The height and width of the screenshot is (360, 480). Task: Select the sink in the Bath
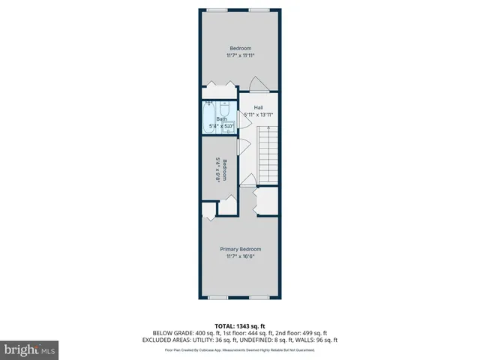tap(229, 127)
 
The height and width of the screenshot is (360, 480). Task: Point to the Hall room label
tap(258, 107)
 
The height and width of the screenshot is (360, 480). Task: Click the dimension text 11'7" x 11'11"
tap(241, 55)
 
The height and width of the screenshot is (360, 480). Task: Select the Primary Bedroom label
tap(240, 249)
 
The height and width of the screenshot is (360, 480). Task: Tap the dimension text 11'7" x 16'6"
tap(240, 256)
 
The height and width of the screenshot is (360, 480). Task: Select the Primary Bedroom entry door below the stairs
tap(247, 180)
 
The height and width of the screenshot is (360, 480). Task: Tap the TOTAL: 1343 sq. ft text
tap(240, 325)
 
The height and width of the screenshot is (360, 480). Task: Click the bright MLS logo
tap(30, 349)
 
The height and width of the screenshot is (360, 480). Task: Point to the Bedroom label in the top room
tap(240, 47)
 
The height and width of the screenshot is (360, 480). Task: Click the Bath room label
tap(221, 118)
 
